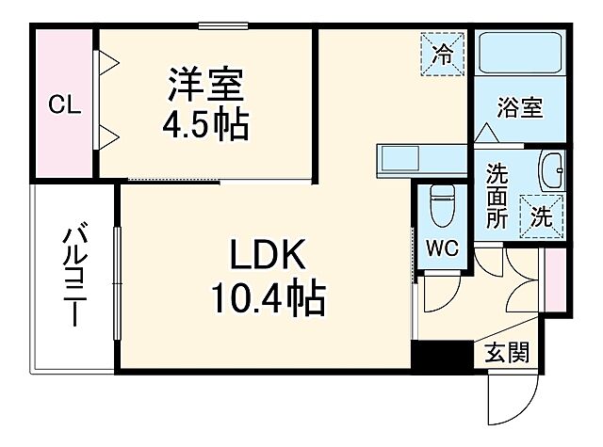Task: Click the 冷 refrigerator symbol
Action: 441,49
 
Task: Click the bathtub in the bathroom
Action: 521,56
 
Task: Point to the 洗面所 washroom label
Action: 497,192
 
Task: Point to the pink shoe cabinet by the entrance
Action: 556,279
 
